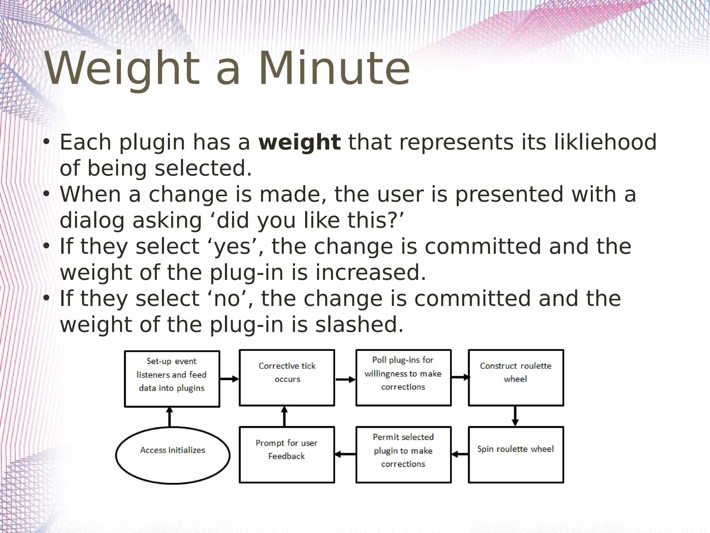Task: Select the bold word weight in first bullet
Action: tap(300, 142)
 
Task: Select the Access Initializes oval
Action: tap(173, 455)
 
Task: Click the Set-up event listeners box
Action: tap(172, 379)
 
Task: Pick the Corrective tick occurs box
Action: tap(287, 378)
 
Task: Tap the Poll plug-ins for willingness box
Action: tap(403, 378)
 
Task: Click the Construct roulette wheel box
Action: tap(516, 378)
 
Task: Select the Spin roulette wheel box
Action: tap(516, 454)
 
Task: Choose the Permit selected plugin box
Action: tap(403, 454)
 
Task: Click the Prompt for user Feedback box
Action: tap(287, 454)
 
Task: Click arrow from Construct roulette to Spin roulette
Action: tap(515, 416)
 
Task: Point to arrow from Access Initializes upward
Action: tap(170, 417)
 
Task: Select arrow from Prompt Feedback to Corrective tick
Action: tap(284, 416)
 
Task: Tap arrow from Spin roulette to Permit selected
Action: tap(460, 454)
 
